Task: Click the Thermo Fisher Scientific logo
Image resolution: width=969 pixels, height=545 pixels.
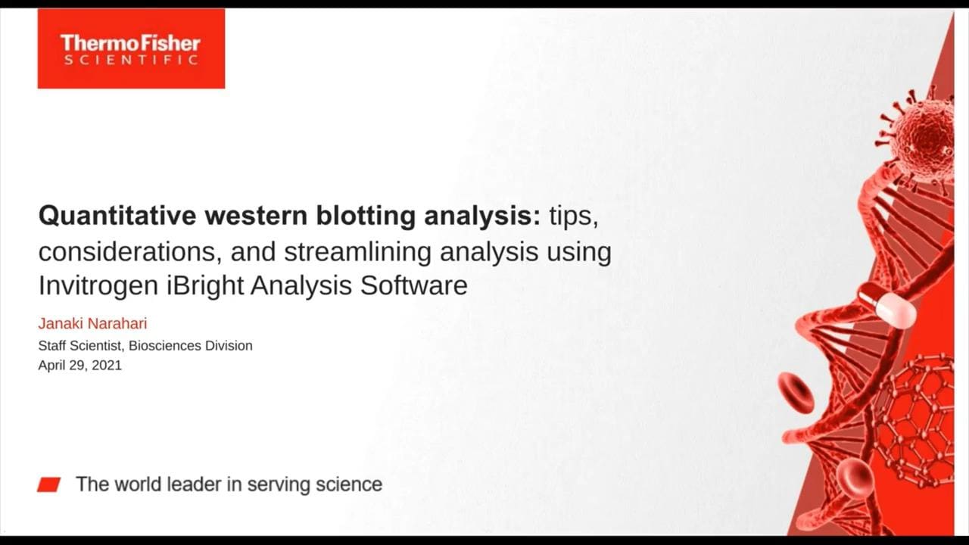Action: (131, 48)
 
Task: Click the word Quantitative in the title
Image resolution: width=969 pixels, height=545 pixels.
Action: (117, 216)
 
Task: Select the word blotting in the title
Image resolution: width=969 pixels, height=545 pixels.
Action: (366, 216)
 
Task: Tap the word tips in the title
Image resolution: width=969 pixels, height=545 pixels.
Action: (574, 216)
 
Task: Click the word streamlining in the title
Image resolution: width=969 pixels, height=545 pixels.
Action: (357, 251)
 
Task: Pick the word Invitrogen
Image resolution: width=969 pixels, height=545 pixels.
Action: (98, 285)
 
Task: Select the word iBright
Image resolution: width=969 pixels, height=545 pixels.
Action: (205, 285)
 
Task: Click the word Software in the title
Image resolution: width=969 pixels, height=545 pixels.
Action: (413, 285)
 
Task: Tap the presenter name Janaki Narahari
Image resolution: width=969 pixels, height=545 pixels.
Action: (92, 323)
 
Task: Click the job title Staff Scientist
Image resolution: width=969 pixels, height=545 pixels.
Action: (80, 346)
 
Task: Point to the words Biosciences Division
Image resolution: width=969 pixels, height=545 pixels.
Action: (190, 346)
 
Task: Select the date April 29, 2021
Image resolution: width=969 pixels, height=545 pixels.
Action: (80, 366)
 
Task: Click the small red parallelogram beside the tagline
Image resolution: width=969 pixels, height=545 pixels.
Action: (49, 485)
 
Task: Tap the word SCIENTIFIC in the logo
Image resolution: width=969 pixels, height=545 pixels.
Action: (131, 59)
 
